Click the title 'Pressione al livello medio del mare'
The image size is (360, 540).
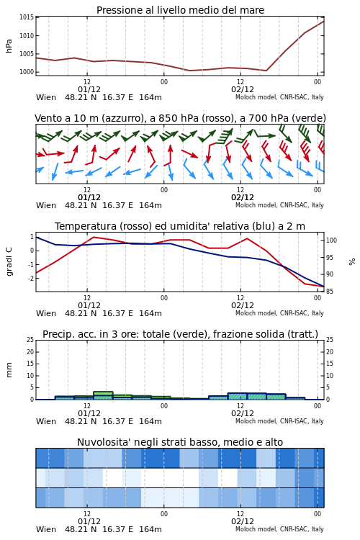tap(180, 10)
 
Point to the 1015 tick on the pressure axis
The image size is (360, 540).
tap(27, 17)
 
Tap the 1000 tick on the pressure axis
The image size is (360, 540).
tap(27, 72)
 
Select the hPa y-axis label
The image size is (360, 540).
tap(9, 46)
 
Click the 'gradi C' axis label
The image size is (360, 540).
tap(9, 262)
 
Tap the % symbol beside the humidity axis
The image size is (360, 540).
tap(352, 262)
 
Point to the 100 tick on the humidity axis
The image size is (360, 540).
tap(331, 240)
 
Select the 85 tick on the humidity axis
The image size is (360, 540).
tap(330, 292)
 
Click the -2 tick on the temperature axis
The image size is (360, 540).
tap(32, 278)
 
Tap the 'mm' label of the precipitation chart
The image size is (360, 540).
tap(9, 370)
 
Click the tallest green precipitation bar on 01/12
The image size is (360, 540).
tap(104, 395)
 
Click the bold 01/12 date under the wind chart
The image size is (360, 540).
tap(89, 197)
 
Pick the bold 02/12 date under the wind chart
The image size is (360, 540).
tap(243, 197)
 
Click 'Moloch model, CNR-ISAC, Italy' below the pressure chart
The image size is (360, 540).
tap(279, 97)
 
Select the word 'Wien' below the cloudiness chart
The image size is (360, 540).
tap(46, 529)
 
